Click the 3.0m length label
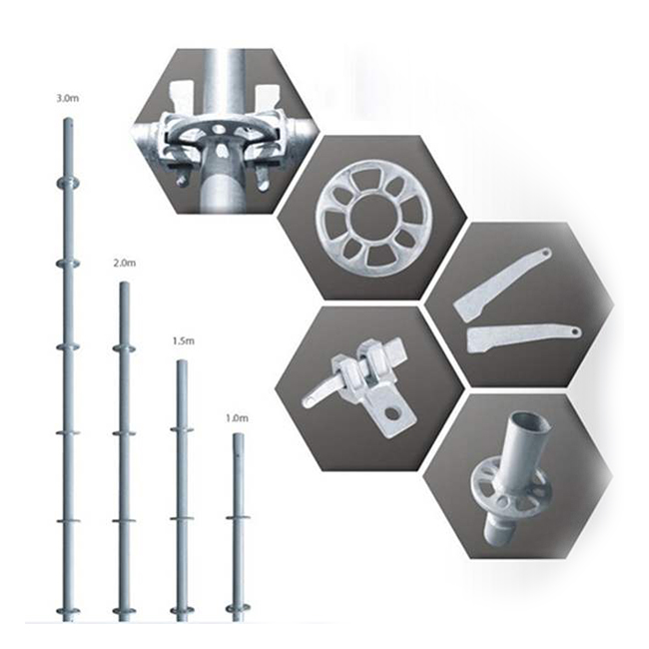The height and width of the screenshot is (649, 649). click(68, 99)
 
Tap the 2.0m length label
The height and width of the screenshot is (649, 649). click(124, 263)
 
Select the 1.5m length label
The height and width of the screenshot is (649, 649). click(183, 341)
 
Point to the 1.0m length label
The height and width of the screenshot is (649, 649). click(238, 418)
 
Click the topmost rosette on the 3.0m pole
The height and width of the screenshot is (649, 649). click(68, 182)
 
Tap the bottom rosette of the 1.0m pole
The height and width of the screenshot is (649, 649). click(238, 608)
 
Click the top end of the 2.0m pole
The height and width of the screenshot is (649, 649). click(124, 284)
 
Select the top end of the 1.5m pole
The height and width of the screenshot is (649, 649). click(182, 361)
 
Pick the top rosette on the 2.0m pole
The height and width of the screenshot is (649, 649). click(124, 348)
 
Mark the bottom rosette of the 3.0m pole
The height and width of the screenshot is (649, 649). click(68, 610)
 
